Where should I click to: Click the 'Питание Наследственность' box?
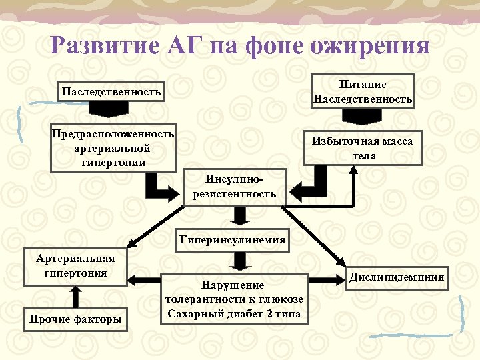[x=363, y=91]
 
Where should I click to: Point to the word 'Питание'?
[x=363, y=84]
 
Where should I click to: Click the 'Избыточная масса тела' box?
[x=364, y=148]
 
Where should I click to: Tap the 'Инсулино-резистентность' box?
[x=234, y=187]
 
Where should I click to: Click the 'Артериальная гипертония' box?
[x=75, y=266]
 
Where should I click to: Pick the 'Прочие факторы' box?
[x=75, y=320]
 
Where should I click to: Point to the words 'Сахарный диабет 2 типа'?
[x=236, y=314]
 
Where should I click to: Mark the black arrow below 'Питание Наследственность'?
[x=363, y=115]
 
